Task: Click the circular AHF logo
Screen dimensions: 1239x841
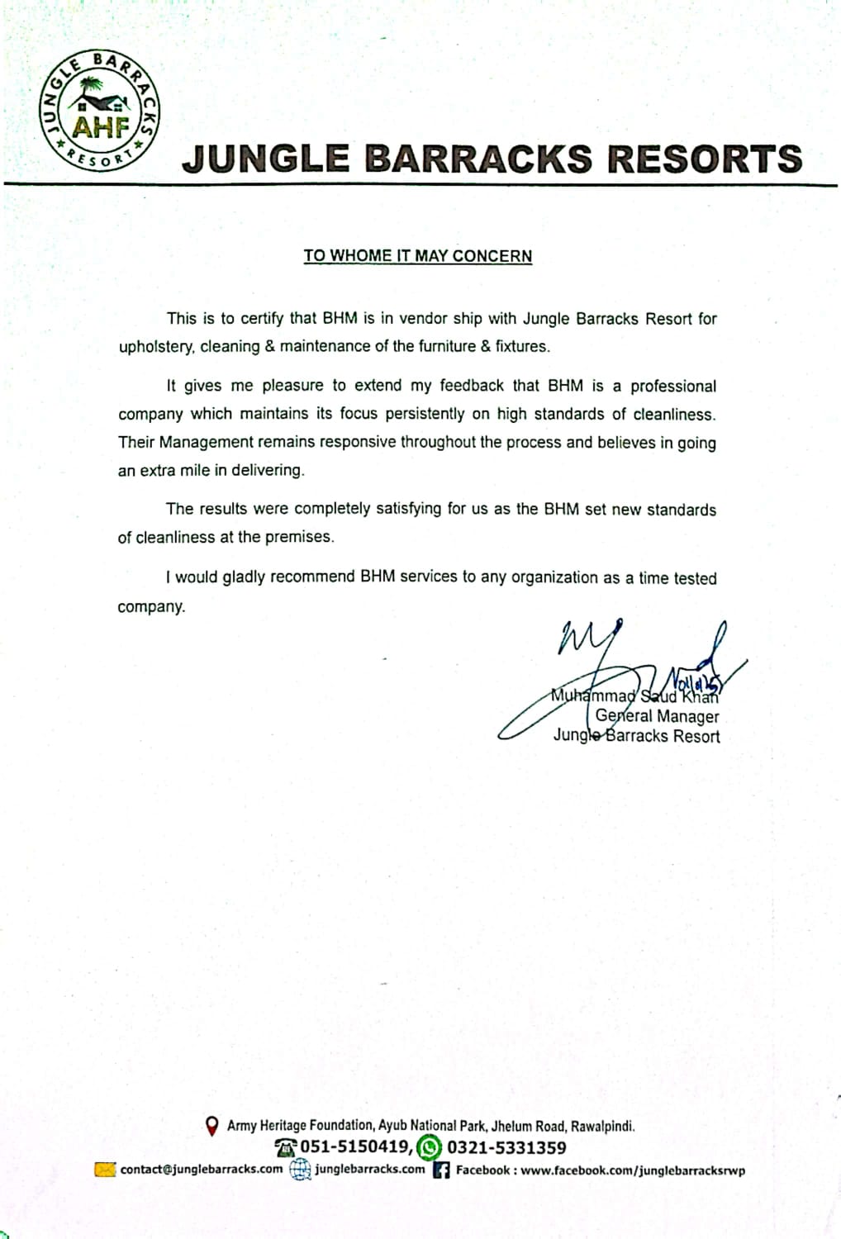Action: coord(100,112)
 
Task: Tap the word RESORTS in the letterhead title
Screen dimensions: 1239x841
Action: coord(705,159)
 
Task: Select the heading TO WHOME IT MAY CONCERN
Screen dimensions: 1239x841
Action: coord(417,256)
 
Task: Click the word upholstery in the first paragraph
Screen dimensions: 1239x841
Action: coord(154,347)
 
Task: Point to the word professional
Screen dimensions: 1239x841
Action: coord(673,387)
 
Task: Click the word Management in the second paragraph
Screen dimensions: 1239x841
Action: coord(204,442)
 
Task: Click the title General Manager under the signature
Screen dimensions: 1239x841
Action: coord(657,716)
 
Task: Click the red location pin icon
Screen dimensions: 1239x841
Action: coord(211,1125)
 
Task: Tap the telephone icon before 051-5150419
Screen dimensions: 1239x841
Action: coord(285,1147)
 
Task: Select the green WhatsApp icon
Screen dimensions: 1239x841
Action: coord(429,1147)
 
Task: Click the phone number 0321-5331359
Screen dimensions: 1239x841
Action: coord(506,1147)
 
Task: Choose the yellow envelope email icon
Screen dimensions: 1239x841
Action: coord(105,1170)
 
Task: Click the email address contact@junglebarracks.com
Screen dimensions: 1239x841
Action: coord(201,1170)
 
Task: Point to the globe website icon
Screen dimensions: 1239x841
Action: coord(300,1170)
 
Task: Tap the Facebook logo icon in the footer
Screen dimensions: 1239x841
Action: coord(441,1170)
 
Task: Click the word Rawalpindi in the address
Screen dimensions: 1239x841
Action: coord(602,1126)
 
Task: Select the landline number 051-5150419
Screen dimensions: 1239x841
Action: coord(355,1147)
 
